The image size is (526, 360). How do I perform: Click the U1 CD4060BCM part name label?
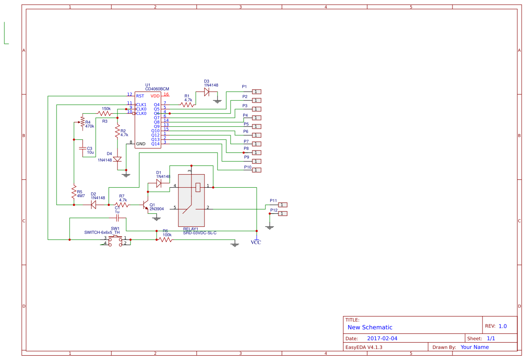pyautogui.click(x=157, y=89)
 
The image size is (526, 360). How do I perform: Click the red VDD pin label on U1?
pyautogui.click(x=155, y=96)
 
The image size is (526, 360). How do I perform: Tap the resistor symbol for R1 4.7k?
pyautogui.click(x=188, y=104)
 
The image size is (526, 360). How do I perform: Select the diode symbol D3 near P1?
pyautogui.click(x=207, y=92)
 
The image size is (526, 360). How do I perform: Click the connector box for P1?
pyautogui.click(x=257, y=91)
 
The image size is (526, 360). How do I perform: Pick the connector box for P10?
pyautogui.click(x=257, y=170)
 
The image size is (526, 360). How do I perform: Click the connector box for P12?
pyautogui.click(x=283, y=213)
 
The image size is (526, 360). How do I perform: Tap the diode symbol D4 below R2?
pyautogui.click(x=117, y=159)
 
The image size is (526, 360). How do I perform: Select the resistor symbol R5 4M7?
pyautogui.click(x=74, y=193)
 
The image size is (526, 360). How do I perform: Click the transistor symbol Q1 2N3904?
pyautogui.click(x=145, y=205)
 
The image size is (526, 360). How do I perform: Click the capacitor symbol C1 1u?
pyautogui.click(x=117, y=218)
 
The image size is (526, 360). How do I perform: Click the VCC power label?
pyautogui.click(x=256, y=242)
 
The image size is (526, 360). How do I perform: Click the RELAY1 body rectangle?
pyautogui.click(x=191, y=200)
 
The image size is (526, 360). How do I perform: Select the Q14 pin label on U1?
pyautogui.click(x=155, y=144)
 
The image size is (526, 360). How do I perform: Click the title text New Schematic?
pyautogui.click(x=370, y=327)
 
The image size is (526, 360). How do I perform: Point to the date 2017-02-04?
pyautogui.click(x=382, y=338)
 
